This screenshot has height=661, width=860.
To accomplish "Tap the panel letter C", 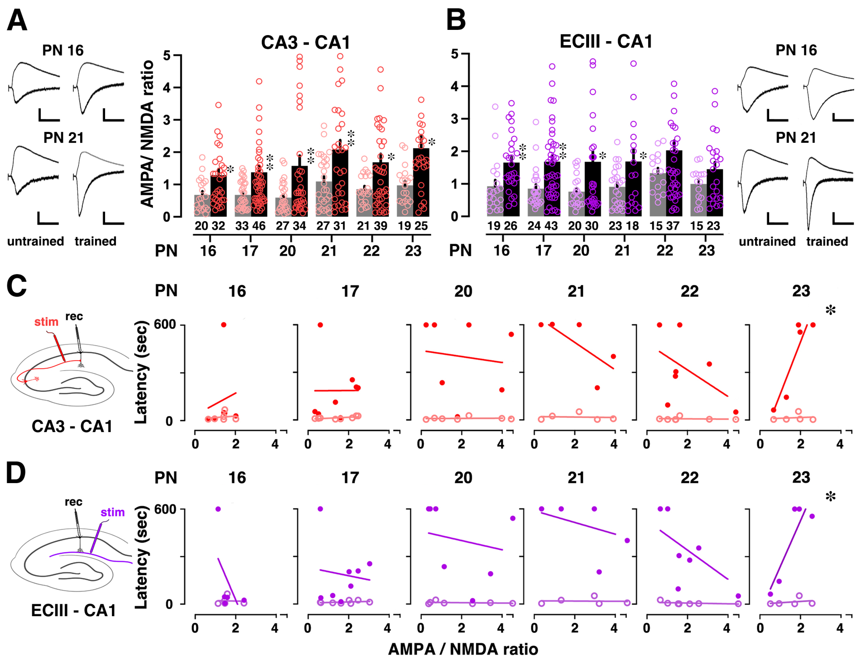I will point(17,286).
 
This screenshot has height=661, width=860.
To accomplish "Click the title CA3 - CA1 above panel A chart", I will point(305,42).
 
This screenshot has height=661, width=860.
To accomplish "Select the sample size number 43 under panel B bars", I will point(551,226).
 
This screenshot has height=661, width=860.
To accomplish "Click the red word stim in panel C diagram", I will point(46,322).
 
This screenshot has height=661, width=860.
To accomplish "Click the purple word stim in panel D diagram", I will point(112,512).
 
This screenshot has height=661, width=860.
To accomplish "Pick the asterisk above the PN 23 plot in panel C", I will point(830,311).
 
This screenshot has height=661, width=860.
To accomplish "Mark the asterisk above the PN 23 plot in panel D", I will point(830,497).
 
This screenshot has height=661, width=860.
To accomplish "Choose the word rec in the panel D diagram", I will point(74,502).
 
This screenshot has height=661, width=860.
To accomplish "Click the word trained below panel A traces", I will point(96,241).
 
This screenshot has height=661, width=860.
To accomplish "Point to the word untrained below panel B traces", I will point(767,241).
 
